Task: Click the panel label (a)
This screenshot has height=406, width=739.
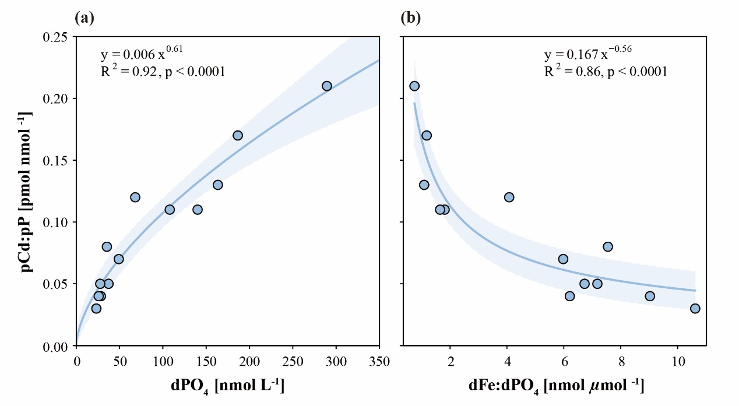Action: coord(85,18)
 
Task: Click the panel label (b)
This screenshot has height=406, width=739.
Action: coord(411,18)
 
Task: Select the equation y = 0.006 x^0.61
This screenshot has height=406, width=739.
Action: coord(142,54)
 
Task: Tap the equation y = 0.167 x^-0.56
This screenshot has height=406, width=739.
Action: coord(588,54)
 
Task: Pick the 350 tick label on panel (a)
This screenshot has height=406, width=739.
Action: coord(379,361)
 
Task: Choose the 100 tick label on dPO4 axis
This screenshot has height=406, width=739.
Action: coord(163,361)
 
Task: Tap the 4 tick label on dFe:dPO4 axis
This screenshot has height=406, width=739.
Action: coord(506,361)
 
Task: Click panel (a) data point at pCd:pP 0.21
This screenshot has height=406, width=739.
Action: coord(327,86)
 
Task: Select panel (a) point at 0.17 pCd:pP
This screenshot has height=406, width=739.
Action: coord(238,135)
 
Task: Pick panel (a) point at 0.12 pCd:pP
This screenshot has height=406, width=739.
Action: coord(135,197)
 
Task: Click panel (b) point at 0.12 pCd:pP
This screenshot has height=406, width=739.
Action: coord(509,197)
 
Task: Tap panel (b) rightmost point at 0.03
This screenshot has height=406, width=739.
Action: coord(695,308)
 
